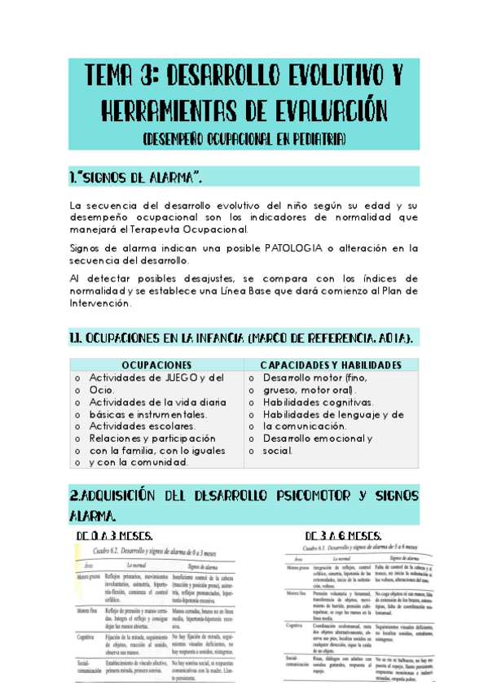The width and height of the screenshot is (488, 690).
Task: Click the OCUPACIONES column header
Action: (156, 365)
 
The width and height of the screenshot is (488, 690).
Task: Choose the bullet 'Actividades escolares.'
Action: (143, 426)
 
